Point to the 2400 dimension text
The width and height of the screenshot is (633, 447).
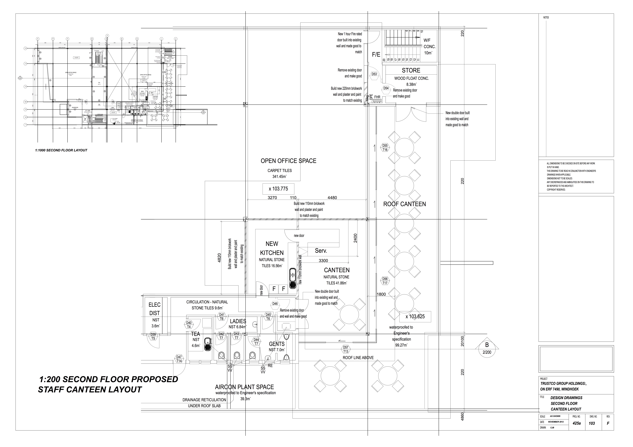pyautogui.click(x=355, y=238)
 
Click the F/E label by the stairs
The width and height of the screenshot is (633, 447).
pyautogui.click(x=376, y=55)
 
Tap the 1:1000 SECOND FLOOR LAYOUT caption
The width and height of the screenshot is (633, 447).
pyautogui.click(x=61, y=150)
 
